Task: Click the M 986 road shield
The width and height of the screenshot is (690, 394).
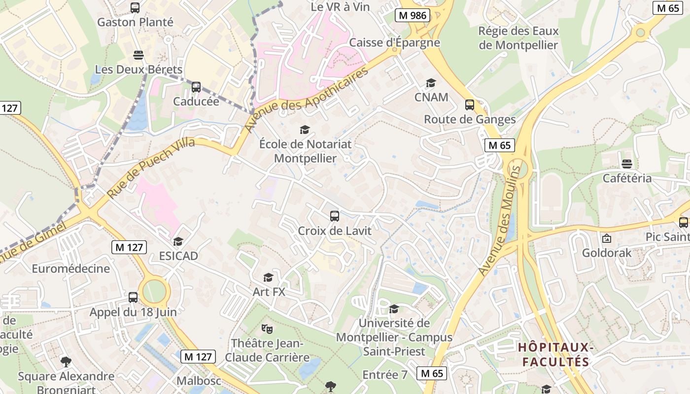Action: (413, 15)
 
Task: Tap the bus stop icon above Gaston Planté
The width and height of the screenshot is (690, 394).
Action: (135, 8)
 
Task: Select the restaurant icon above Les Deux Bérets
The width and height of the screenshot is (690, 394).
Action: (138, 55)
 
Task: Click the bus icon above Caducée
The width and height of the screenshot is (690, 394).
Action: (196, 87)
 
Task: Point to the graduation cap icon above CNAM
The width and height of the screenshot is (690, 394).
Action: (431, 83)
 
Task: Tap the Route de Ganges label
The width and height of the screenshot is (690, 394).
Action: (470, 119)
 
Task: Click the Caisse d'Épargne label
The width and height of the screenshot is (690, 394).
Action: (394, 42)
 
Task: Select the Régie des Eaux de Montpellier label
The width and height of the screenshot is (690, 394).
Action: (518, 38)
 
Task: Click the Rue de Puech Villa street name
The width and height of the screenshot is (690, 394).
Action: (151, 167)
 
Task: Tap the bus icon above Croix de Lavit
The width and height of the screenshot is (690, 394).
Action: (335, 216)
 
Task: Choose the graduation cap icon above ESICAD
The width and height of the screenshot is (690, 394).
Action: (178, 241)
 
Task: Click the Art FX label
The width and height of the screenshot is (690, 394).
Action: (269, 292)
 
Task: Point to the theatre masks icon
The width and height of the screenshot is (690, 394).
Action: (267, 328)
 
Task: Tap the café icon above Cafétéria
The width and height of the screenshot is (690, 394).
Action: (627, 164)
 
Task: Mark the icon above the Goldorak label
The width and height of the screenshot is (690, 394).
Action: (607, 238)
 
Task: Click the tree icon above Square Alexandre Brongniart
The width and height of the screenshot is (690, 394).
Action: (66, 362)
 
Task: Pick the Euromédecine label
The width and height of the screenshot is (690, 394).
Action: (71, 268)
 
